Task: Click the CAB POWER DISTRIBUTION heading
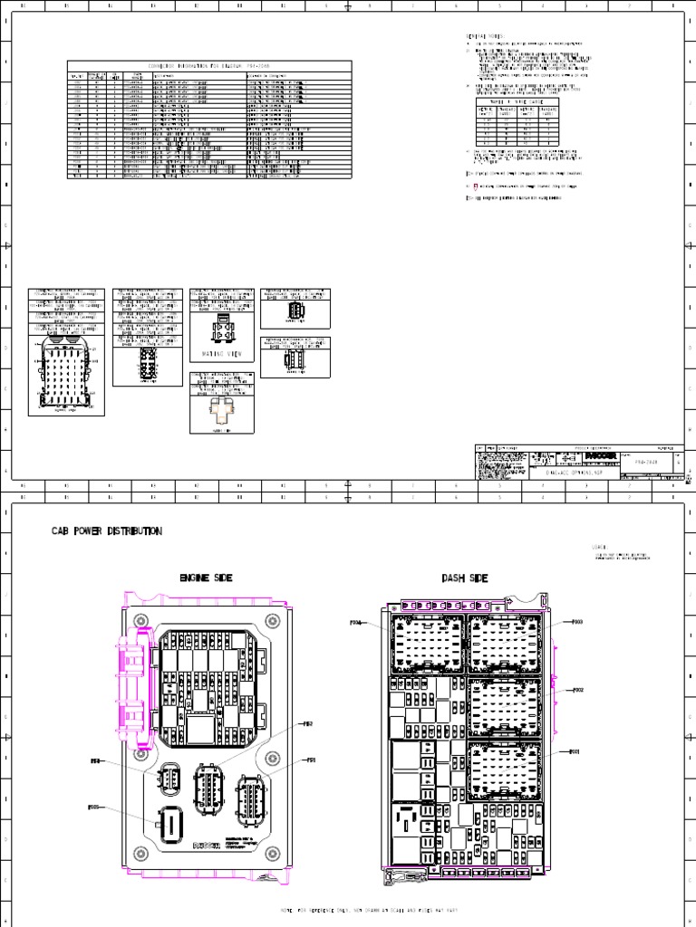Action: click(107, 531)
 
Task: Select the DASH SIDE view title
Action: click(466, 578)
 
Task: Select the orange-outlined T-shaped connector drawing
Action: click(220, 412)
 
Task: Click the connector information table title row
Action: click(209, 66)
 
